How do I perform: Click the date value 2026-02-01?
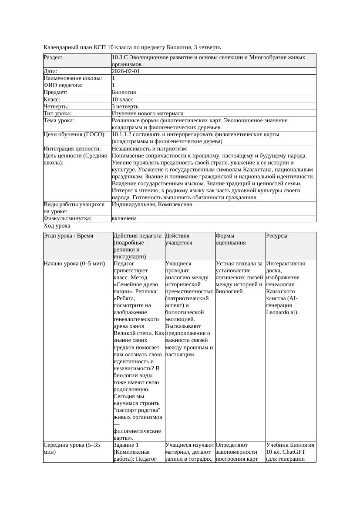[x=126, y=71]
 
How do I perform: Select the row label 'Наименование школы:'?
[x=73, y=78]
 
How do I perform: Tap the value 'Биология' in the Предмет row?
[x=124, y=92]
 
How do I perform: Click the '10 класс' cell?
[x=123, y=99]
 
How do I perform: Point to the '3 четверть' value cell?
[x=125, y=106]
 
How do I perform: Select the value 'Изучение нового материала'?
[x=148, y=113]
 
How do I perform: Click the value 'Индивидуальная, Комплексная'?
[x=152, y=204]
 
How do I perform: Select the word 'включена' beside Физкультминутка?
[x=124, y=218]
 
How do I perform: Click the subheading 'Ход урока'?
[x=57, y=226]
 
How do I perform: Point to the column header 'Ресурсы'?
[x=277, y=236]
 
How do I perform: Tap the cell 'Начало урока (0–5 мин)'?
[x=74, y=264]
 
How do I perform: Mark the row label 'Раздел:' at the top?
[x=53, y=57]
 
